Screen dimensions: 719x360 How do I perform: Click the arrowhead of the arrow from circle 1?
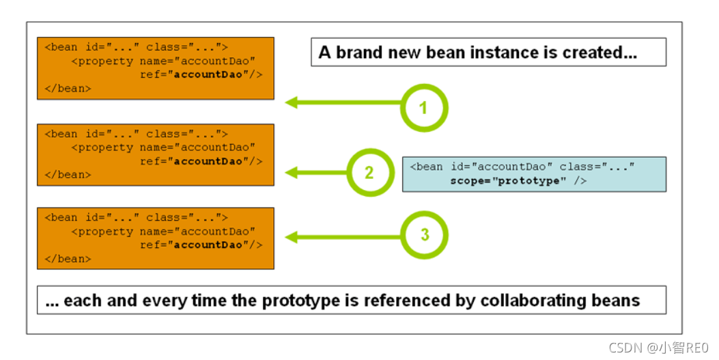(291, 102)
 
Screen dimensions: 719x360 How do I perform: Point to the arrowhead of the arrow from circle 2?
(291, 172)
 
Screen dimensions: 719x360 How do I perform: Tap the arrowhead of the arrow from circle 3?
(291, 237)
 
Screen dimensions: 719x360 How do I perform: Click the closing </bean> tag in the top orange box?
(68, 88)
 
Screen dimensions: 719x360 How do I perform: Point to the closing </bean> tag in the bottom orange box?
(68, 259)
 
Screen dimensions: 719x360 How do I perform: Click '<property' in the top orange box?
(102, 61)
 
